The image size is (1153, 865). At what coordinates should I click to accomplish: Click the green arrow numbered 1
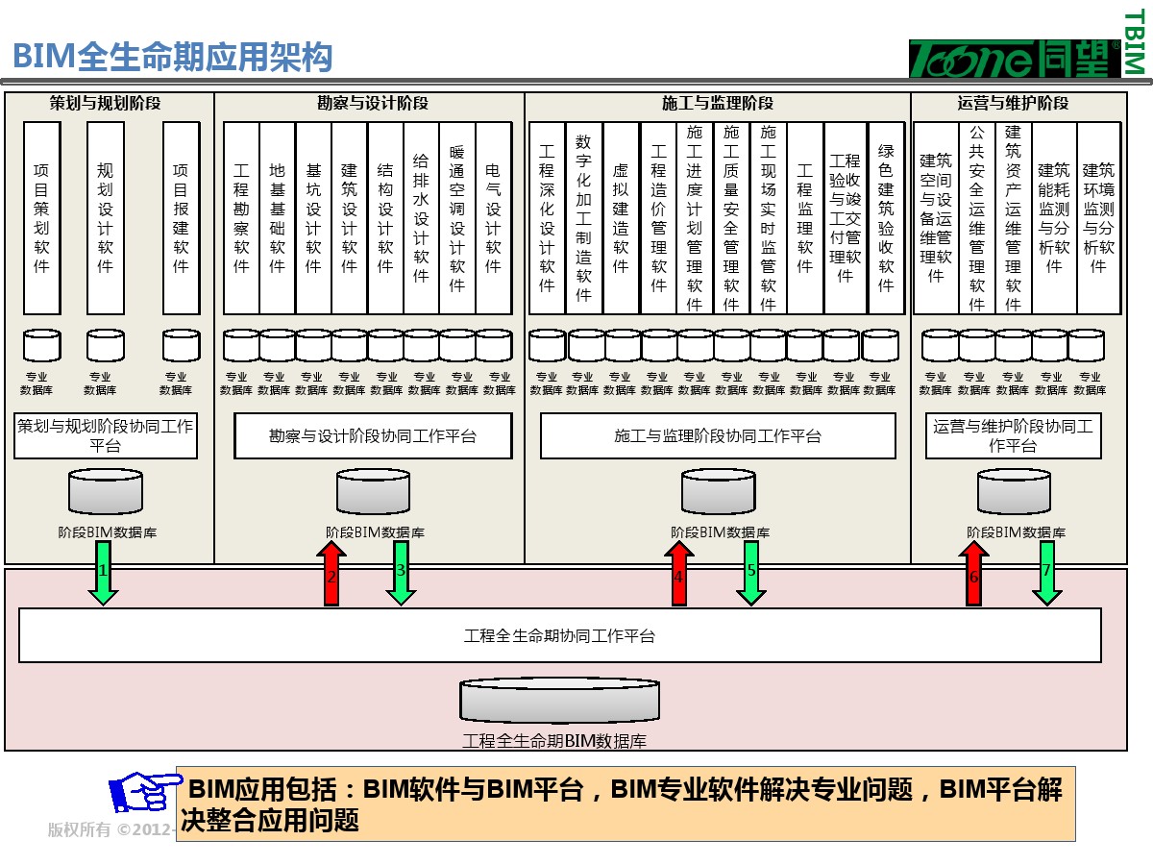coord(103,573)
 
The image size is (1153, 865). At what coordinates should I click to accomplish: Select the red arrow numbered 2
coord(331,574)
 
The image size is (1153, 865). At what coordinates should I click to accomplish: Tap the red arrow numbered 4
coord(678,574)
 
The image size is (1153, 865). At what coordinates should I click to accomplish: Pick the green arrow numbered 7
coord(1046,573)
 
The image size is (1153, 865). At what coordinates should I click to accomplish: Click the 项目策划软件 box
coord(42,217)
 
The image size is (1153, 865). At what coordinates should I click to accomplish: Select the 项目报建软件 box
coord(181,217)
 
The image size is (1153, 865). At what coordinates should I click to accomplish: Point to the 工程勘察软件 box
coord(241,217)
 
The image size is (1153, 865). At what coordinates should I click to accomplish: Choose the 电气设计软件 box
coord(493,217)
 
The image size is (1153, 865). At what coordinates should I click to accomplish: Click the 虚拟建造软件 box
coord(621,217)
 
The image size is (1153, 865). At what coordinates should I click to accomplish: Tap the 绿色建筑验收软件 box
coord(886,217)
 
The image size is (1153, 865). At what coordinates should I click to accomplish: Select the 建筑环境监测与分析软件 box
coord(1098,217)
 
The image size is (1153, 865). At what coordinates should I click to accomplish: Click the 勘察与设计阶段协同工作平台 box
coord(373,436)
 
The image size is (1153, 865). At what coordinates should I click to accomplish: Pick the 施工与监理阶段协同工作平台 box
coord(718,436)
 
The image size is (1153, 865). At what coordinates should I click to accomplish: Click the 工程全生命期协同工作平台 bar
coord(560,635)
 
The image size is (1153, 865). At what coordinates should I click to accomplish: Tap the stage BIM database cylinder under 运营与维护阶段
coord(1014,491)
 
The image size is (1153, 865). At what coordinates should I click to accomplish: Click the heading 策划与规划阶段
coord(106,103)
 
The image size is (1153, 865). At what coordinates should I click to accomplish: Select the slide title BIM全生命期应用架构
coord(173,57)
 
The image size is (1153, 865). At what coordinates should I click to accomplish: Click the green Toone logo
coord(1014,59)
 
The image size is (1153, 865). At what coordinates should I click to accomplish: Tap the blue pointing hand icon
coord(144,792)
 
